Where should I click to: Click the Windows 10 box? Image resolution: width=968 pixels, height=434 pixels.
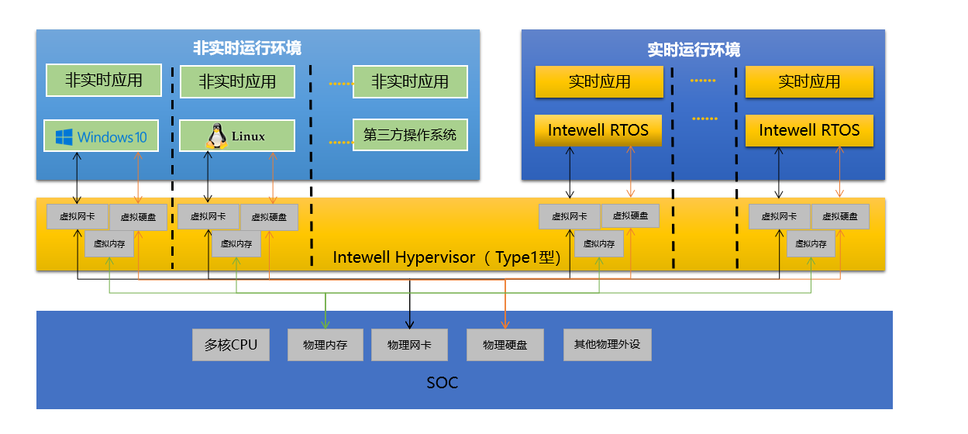[101, 136]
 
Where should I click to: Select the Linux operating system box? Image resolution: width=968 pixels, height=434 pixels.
[237, 136]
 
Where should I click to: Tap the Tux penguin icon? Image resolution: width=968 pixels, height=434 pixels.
[215, 136]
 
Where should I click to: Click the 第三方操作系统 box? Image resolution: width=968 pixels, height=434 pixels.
[410, 135]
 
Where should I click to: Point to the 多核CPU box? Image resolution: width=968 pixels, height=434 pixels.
[231, 345]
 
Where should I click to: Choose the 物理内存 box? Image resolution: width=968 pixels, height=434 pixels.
[326, 345]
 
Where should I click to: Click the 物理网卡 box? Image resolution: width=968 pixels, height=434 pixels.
[409, 345]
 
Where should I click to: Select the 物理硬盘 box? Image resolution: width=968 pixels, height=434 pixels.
[505, 345]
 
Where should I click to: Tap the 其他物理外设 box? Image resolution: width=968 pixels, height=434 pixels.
[608, 344]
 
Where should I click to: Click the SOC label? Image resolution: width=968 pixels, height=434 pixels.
[442, 382]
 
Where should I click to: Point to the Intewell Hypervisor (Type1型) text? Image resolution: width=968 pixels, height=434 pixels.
[447, 257]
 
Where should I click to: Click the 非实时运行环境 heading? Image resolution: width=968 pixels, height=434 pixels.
[247, 48]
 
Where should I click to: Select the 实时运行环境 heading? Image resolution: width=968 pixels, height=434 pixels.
[694, 50]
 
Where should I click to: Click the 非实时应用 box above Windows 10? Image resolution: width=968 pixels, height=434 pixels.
[104, 80]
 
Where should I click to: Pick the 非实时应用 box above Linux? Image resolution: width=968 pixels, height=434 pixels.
[237, 81]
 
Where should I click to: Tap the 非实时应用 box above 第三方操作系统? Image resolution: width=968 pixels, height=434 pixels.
[410, 81]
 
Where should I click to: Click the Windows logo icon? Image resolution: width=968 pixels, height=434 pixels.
[64, 137]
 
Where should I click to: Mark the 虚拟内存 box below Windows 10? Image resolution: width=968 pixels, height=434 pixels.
[109, 243]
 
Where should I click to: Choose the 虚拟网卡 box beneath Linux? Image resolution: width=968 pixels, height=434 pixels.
[208, 217]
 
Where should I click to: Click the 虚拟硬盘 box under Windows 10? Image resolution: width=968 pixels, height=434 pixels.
[138, 218]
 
